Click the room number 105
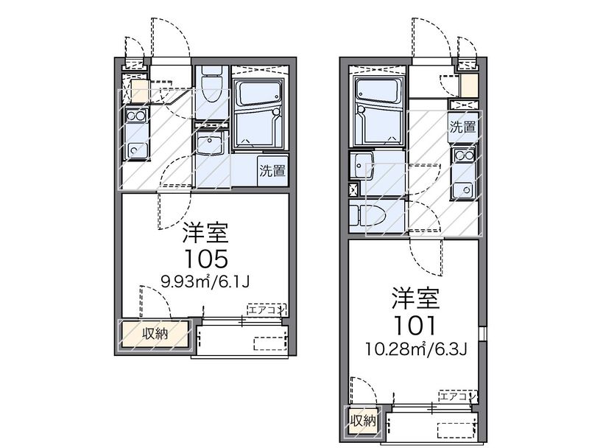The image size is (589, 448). coord(205,259)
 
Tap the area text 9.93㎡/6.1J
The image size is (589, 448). coord(205,281)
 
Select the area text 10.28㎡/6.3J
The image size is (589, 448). coord(417,349)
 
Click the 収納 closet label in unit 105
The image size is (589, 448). coord(155,334)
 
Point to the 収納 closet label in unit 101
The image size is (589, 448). coord(363,421)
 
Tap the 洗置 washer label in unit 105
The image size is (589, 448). coord(273,171)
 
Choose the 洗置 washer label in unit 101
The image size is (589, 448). coord(463,127)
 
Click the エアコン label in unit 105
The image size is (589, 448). coord(267,310)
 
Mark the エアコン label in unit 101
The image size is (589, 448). coord(458,396)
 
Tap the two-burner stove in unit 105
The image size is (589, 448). coord(136,115)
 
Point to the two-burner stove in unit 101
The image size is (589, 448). coord(464,155)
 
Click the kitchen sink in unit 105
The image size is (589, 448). coord(136,150)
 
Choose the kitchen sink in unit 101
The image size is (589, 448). coord(463,189)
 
